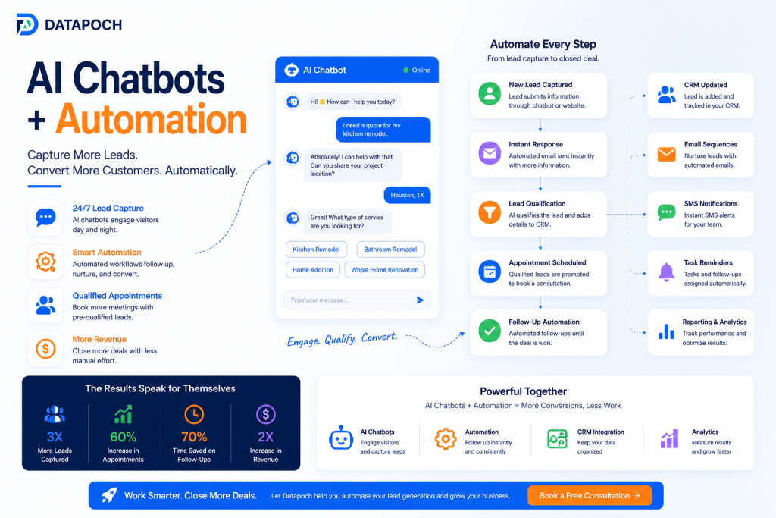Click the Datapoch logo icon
27,24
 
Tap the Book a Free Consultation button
590,495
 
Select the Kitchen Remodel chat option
316,249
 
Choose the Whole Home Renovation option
384,270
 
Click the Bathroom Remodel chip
390,249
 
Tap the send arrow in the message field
420,300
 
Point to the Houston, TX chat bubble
407,195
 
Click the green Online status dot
406,71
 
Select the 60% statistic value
124,437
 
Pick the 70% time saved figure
194,437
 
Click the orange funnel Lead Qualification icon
490,212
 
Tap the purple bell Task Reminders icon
666,272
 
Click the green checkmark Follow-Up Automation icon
490,331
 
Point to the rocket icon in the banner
109,494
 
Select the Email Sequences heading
710,144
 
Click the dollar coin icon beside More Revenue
45,349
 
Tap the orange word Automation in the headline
151,119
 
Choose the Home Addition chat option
313,270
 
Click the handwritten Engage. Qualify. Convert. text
342,339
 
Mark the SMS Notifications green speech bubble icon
666,212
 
